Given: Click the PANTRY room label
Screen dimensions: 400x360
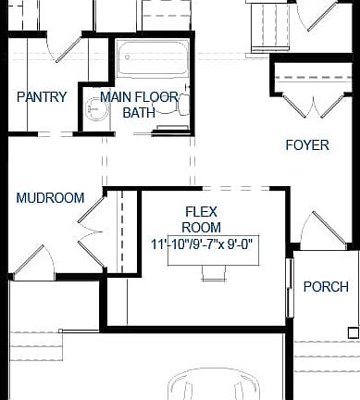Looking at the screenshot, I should point(42,96).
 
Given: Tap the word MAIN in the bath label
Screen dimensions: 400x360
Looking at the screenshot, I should point(116,96).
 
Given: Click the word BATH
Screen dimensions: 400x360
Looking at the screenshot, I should point(140,112).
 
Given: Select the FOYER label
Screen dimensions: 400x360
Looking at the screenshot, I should point(306,144).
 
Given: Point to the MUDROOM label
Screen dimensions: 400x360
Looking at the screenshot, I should point(50,197).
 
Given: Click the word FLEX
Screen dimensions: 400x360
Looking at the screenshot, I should point(201,211).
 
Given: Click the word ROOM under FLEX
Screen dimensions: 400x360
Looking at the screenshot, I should point(201,227).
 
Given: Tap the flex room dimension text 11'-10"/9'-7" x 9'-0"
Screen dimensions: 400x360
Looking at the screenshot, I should point(205,244).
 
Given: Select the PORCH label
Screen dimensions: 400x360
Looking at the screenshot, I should point(326,286).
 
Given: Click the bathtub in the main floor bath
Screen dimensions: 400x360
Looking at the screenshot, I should point(152,58).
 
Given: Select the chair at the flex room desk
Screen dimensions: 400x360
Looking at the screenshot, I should point(214,272).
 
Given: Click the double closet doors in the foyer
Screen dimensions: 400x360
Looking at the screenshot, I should point(312,101).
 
